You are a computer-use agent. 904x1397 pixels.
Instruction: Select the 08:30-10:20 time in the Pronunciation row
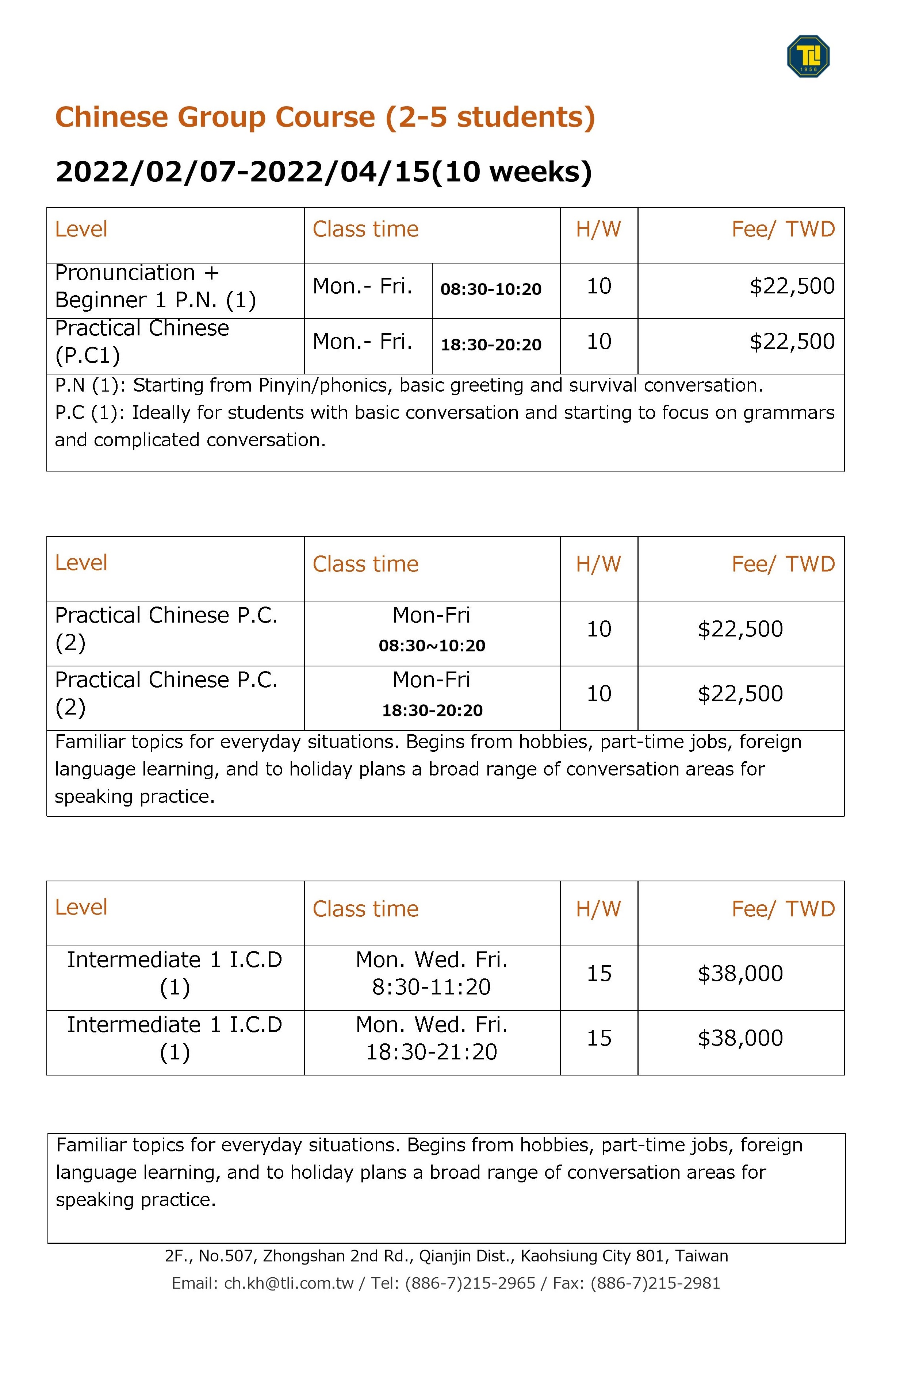tap(491, 289)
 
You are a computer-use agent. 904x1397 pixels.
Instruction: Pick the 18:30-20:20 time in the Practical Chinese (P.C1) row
tap(491, 345)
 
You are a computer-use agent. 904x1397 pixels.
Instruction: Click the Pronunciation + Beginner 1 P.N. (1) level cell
tap(156, 286)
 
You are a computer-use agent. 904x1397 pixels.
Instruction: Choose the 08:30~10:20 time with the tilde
tap(432, 646)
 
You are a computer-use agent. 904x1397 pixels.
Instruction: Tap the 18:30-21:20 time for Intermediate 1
tap(432, 1052)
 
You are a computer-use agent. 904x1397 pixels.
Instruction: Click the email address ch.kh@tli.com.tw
tap(289, 1284)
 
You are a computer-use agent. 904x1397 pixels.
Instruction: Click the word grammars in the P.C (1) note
tap(788, 413)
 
